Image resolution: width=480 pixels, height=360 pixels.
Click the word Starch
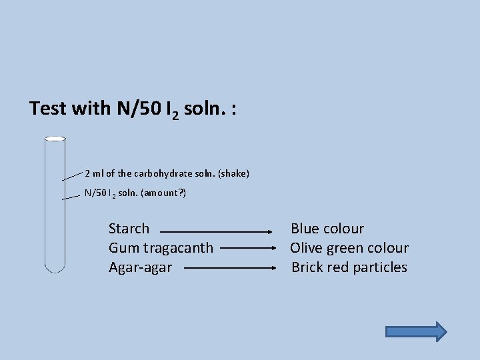[129, 229]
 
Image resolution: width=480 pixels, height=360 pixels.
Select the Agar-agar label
[140, 267]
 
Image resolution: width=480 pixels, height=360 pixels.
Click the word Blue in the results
[305, 229]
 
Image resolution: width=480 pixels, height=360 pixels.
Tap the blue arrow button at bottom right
[417, 331]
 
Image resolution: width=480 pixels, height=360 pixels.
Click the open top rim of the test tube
[55, 139]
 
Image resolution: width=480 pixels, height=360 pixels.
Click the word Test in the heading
[49, 108]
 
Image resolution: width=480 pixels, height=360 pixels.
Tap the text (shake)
[233, 174]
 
